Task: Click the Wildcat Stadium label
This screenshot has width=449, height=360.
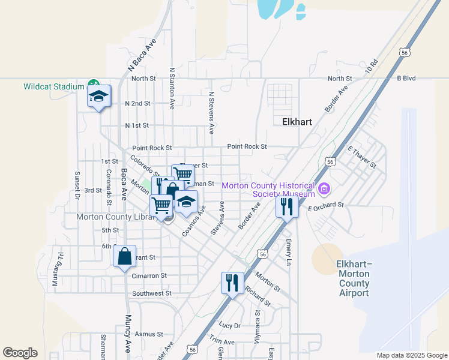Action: pos(53,86)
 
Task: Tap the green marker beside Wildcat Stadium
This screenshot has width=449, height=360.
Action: pos(93,85)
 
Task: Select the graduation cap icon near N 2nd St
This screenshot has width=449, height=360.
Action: pos(99,96)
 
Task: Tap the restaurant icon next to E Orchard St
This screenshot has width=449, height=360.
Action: pos(287,207)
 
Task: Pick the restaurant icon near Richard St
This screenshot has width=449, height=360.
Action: pos(232,282)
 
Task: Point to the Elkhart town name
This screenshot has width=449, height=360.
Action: pos(297,121)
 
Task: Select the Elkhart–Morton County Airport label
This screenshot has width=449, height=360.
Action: pos(354,278)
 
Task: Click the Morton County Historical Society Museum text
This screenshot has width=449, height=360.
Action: pos(268,190)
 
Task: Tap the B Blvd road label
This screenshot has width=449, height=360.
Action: pos(406,79)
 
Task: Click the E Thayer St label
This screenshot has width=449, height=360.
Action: pos(361,157)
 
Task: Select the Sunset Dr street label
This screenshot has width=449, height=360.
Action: pos(77,185)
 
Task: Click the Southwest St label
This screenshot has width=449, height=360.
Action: pos(152,294)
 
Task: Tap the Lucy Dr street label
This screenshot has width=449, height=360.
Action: pos(229,325)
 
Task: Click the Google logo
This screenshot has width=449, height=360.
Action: pos(20,353)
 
